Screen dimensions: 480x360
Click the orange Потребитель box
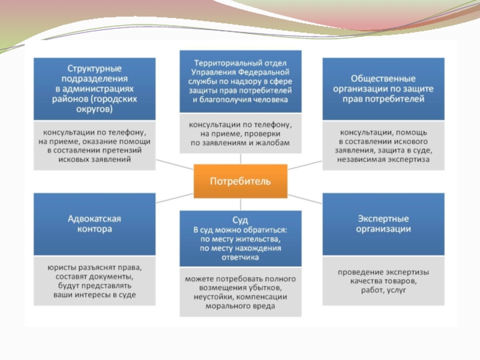[240, 181]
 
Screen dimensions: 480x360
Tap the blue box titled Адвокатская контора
[94, 223]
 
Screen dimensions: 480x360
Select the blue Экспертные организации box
[383, 223]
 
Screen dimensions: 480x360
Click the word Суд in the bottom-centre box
[240, 220]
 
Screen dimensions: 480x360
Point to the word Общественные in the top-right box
[383, 78]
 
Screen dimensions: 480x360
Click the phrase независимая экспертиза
[383, 160]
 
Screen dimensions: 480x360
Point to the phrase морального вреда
[240, 307]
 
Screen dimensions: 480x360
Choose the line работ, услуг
[383, 290]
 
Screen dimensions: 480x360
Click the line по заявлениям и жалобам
[240, 143]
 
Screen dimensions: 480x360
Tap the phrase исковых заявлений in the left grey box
[94, 160]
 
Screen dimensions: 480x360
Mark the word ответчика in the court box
[240, 257]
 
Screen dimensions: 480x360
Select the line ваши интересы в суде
[94, 295]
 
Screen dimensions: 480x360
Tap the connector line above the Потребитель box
[241, 158]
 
